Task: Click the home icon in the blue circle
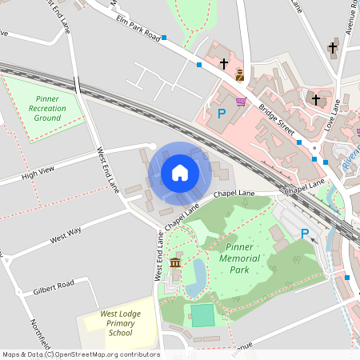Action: point(180,173)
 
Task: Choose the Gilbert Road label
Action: point(54,286)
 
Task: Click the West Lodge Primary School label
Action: point(120,323)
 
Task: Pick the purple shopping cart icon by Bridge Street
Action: point(241,102)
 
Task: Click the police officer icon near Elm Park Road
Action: point(239,75)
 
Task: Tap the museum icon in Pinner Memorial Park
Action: point(175,263)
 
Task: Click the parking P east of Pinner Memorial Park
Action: point(304,233)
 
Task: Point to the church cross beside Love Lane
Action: point(316,99)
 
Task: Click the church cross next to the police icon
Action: point(224,62)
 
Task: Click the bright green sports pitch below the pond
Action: point(203,315)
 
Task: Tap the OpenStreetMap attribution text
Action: point(80,354)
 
